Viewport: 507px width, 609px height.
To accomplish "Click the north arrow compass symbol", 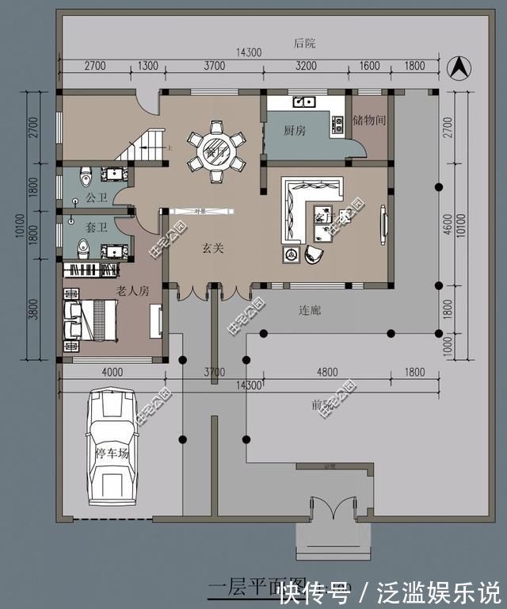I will (x=456, y=67).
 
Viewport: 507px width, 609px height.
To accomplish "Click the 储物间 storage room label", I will (x=369, y=121).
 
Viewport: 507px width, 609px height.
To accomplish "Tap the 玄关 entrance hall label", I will (x=212, y=249).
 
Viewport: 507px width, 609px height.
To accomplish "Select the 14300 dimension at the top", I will (x=249, y=52).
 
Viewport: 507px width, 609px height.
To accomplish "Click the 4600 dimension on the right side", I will (x=448, y=226).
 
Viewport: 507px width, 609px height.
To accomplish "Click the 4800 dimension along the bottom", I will (x=327, y=371).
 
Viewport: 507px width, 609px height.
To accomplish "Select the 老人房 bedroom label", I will (x=132, y=291).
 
